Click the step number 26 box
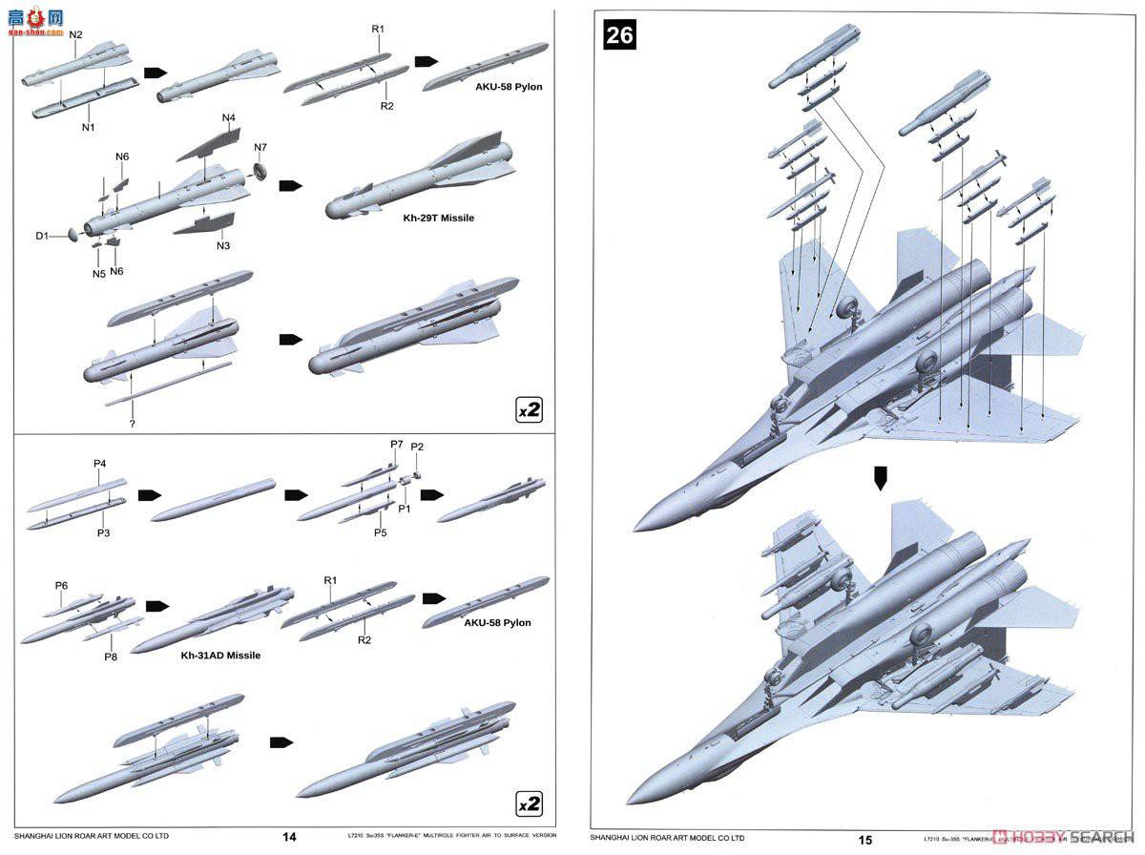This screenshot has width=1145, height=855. click(619, 35)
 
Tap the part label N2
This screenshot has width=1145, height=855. click(76, 35)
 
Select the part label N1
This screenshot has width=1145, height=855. click(88, 127)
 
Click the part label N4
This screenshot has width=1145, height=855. click(228, 118)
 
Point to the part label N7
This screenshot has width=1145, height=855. click(261, 147)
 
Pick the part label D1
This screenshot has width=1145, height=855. click(43, 235)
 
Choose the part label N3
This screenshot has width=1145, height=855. click(223, 246)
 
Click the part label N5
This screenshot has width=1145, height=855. click(98, 274)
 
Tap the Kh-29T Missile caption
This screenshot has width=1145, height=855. click(438, 219)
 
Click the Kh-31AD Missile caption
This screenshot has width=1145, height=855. click(220, 656)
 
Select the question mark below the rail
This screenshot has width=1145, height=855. click(132, 422)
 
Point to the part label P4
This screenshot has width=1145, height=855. click(99, 465)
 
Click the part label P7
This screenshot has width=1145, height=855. click(396, 445)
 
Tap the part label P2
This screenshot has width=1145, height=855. click(417, 448)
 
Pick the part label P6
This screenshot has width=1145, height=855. click(61, 585)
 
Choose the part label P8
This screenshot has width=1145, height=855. click(111, 657)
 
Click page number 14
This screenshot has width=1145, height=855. click(290, 838)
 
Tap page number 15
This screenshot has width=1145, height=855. click(864, 840)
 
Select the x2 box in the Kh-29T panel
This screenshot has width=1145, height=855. click(529, 410)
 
